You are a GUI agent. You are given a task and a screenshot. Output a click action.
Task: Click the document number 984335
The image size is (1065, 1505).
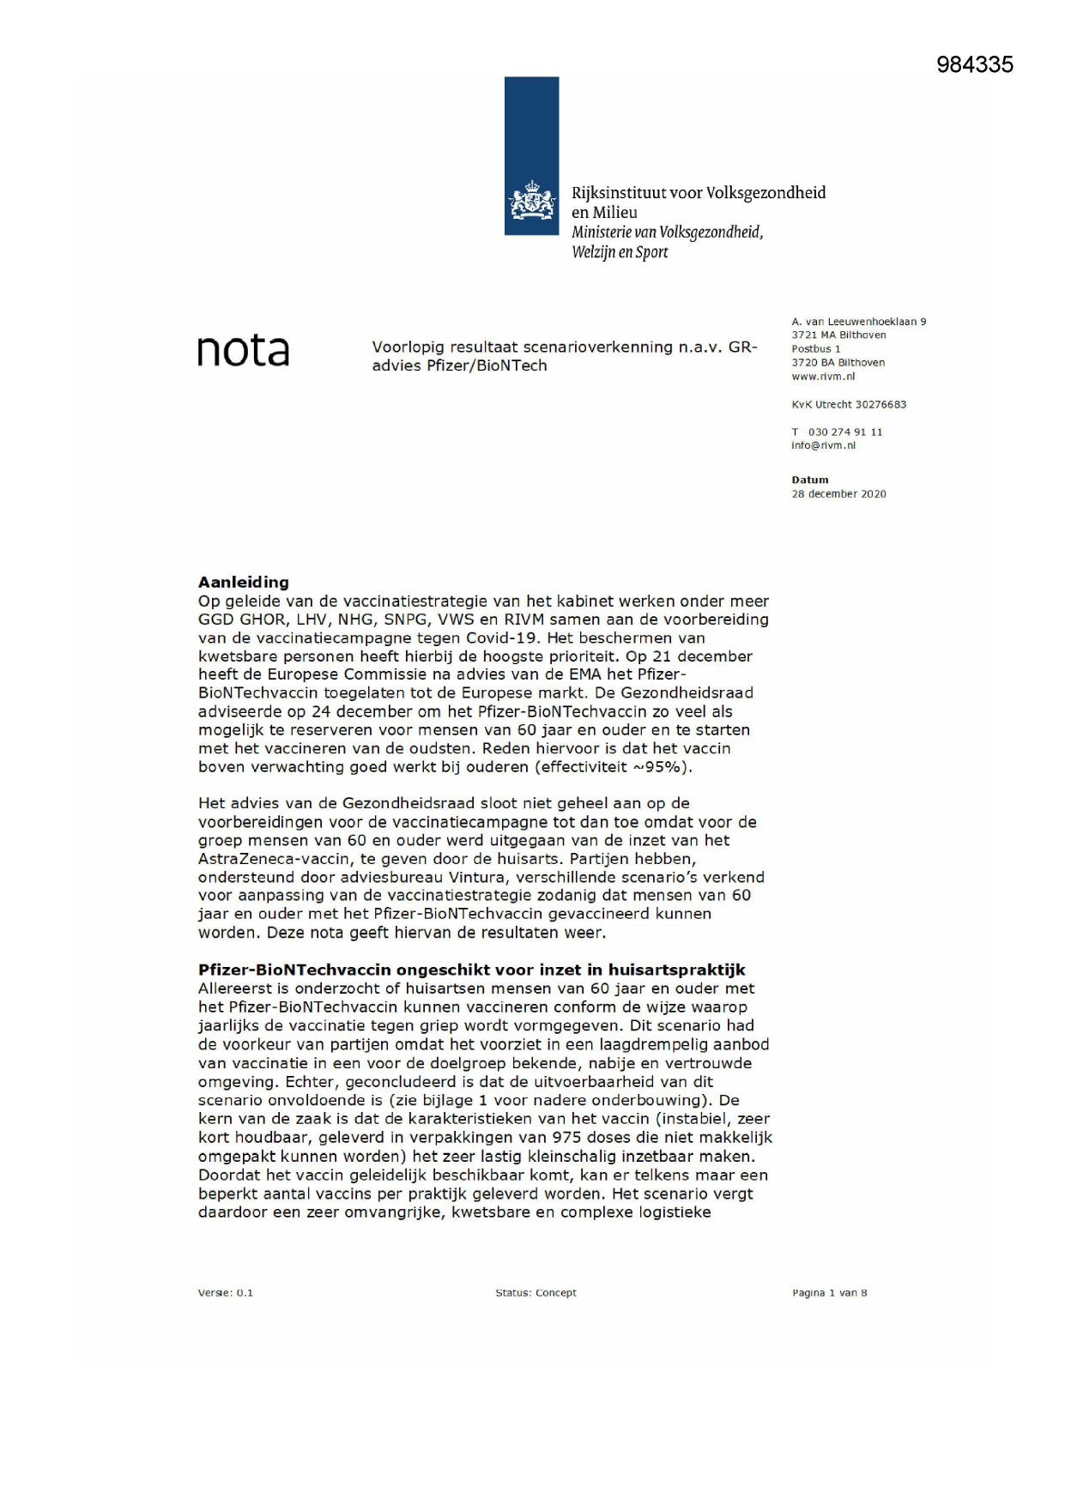click(x=974, y=65)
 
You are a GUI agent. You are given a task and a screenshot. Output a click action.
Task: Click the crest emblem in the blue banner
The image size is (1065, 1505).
click(x=531, y=202)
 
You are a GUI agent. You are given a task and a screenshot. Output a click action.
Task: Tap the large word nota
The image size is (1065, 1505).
click(x=243, y=351)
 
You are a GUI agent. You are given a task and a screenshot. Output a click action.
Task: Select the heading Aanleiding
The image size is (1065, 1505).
click(x=244, y=583)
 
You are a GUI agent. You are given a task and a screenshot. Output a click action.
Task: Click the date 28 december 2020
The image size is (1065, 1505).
click(x=838, y=494)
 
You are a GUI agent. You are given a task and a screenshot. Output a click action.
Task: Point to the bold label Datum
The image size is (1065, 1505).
click(x=810, y=481)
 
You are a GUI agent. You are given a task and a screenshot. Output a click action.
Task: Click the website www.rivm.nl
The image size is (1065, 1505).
click(x=823, y=377)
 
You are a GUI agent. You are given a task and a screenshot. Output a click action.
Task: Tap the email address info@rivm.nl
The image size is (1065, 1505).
click(x=823, y=446)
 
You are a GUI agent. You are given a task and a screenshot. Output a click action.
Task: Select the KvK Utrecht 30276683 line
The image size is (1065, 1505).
click(x=849, y=405)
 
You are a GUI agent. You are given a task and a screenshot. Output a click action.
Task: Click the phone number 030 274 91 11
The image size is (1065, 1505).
click(x=844, y=432)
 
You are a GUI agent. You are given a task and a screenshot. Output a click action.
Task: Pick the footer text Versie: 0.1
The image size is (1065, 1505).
click(x=226, y=1293)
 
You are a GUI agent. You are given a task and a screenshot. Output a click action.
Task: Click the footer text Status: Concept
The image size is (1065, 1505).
click(x=536, y=1293)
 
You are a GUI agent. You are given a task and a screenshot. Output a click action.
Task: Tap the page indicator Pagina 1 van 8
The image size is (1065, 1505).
click(x=829, y=1293)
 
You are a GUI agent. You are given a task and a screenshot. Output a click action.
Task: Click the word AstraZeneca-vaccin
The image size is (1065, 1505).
click(x=274, y=859)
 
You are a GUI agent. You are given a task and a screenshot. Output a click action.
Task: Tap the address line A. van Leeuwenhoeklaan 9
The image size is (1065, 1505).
click(x=858, y=322)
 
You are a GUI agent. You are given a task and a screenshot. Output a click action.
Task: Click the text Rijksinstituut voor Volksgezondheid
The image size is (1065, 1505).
click(x=699, y=193)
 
